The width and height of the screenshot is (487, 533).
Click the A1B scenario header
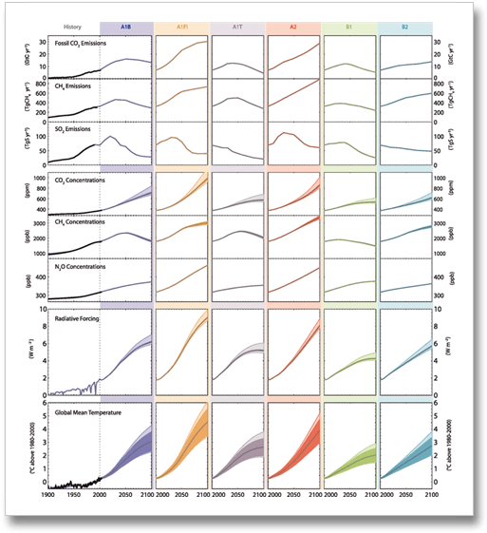tap(125, 29)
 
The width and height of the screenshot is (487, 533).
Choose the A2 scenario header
tap(294, 29)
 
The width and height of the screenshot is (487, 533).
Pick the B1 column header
tap(350, 29)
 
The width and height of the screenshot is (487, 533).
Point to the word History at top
tap(71, 29)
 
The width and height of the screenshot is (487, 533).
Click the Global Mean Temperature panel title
tap(90, 413)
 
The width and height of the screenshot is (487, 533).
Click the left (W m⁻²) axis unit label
tap(16, 350)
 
